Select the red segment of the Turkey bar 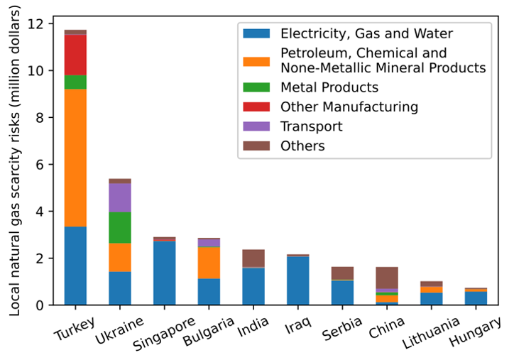pyautogui.click(x=75, y=55)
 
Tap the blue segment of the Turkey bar pyautogui.click(x=75, y=266)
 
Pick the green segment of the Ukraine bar pyautogui.click(x=119, y=227)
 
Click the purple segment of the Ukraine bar pyautogui.click(x=119, y=197)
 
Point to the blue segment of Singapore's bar pyautogui.click(x=164, y=273)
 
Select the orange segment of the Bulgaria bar pyautogui.click(x=209, y=263)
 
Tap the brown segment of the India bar pyautogui.click(x=253, y=258)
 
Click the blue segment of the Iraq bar pyautogui.click(x=298, y=280)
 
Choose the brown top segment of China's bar pyautogui.click(x=387, y=278)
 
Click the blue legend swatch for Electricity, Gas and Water pyautogui.click(x=256, y=33)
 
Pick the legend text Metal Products pyautogui.click(x=329, y=87)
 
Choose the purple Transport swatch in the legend pyautogui.click(x=256, y=126)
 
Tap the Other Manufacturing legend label pyautogui.click(x=349, y=107)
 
